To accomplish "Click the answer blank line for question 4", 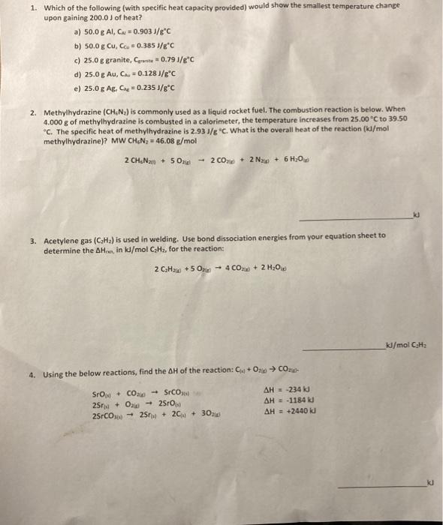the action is (383, 487).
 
